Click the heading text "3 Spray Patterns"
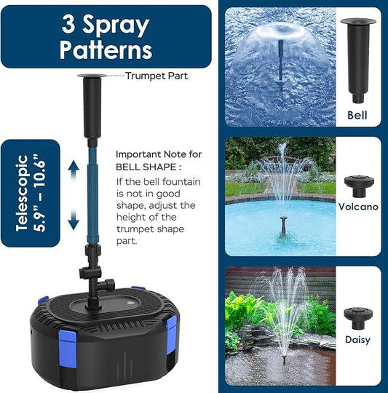click(106, 36)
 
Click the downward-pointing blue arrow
click(74, 218)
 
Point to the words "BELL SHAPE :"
click(146, 167)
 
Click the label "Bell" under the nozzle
click(357, 115)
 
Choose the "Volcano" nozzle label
click(357, 207)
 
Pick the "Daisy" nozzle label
click(357, 339)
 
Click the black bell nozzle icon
click(357, 62)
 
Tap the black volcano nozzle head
click(357, 184)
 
